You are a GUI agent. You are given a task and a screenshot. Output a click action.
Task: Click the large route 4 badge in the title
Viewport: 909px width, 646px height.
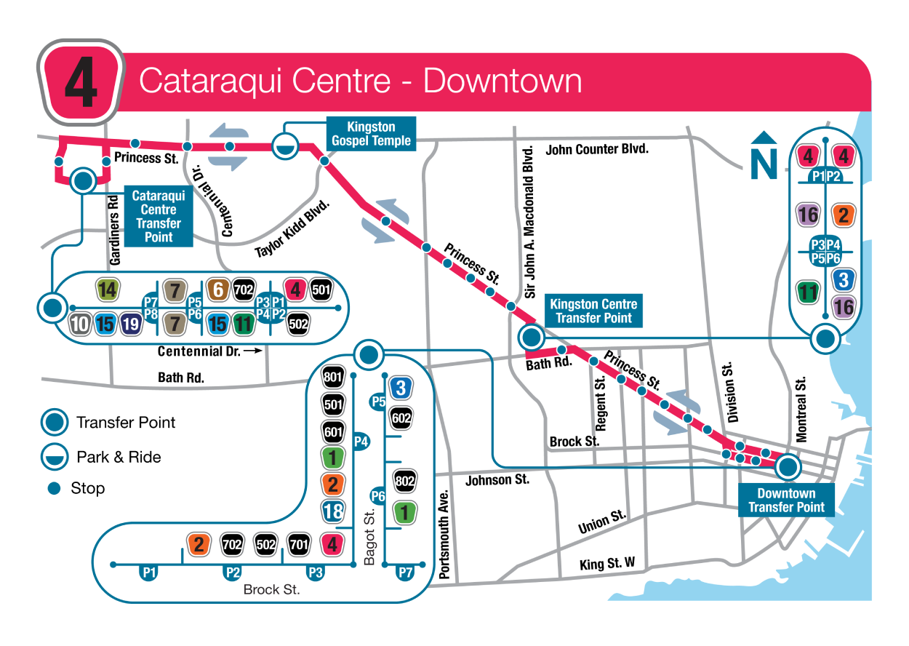80,82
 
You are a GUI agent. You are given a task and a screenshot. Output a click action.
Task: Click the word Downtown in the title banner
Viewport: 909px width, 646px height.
502,81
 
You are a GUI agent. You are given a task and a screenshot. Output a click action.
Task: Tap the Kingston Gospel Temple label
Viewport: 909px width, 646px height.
371,134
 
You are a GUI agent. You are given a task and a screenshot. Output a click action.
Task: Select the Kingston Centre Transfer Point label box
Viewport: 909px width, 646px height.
593,311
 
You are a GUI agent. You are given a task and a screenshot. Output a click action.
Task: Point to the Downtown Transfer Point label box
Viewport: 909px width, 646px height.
786,501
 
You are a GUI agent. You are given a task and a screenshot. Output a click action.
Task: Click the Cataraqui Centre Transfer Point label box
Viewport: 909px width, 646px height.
158,216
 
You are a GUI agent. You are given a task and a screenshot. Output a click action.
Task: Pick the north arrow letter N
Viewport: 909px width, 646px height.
764,164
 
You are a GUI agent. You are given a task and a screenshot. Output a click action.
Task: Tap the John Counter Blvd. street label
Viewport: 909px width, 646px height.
597,150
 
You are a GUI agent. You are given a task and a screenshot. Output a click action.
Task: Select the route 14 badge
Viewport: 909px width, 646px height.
107,290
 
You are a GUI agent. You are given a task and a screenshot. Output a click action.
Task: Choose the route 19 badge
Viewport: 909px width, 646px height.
131,324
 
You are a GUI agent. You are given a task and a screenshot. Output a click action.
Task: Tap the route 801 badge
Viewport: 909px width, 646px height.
333,378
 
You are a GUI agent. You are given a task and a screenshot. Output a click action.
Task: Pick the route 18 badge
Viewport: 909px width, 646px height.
333,511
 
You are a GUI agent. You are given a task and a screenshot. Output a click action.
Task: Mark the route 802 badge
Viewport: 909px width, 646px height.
404,481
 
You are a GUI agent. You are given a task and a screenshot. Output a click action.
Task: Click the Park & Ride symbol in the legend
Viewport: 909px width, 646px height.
54,457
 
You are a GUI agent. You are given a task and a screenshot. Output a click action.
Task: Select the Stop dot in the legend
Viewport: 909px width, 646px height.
54,489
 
